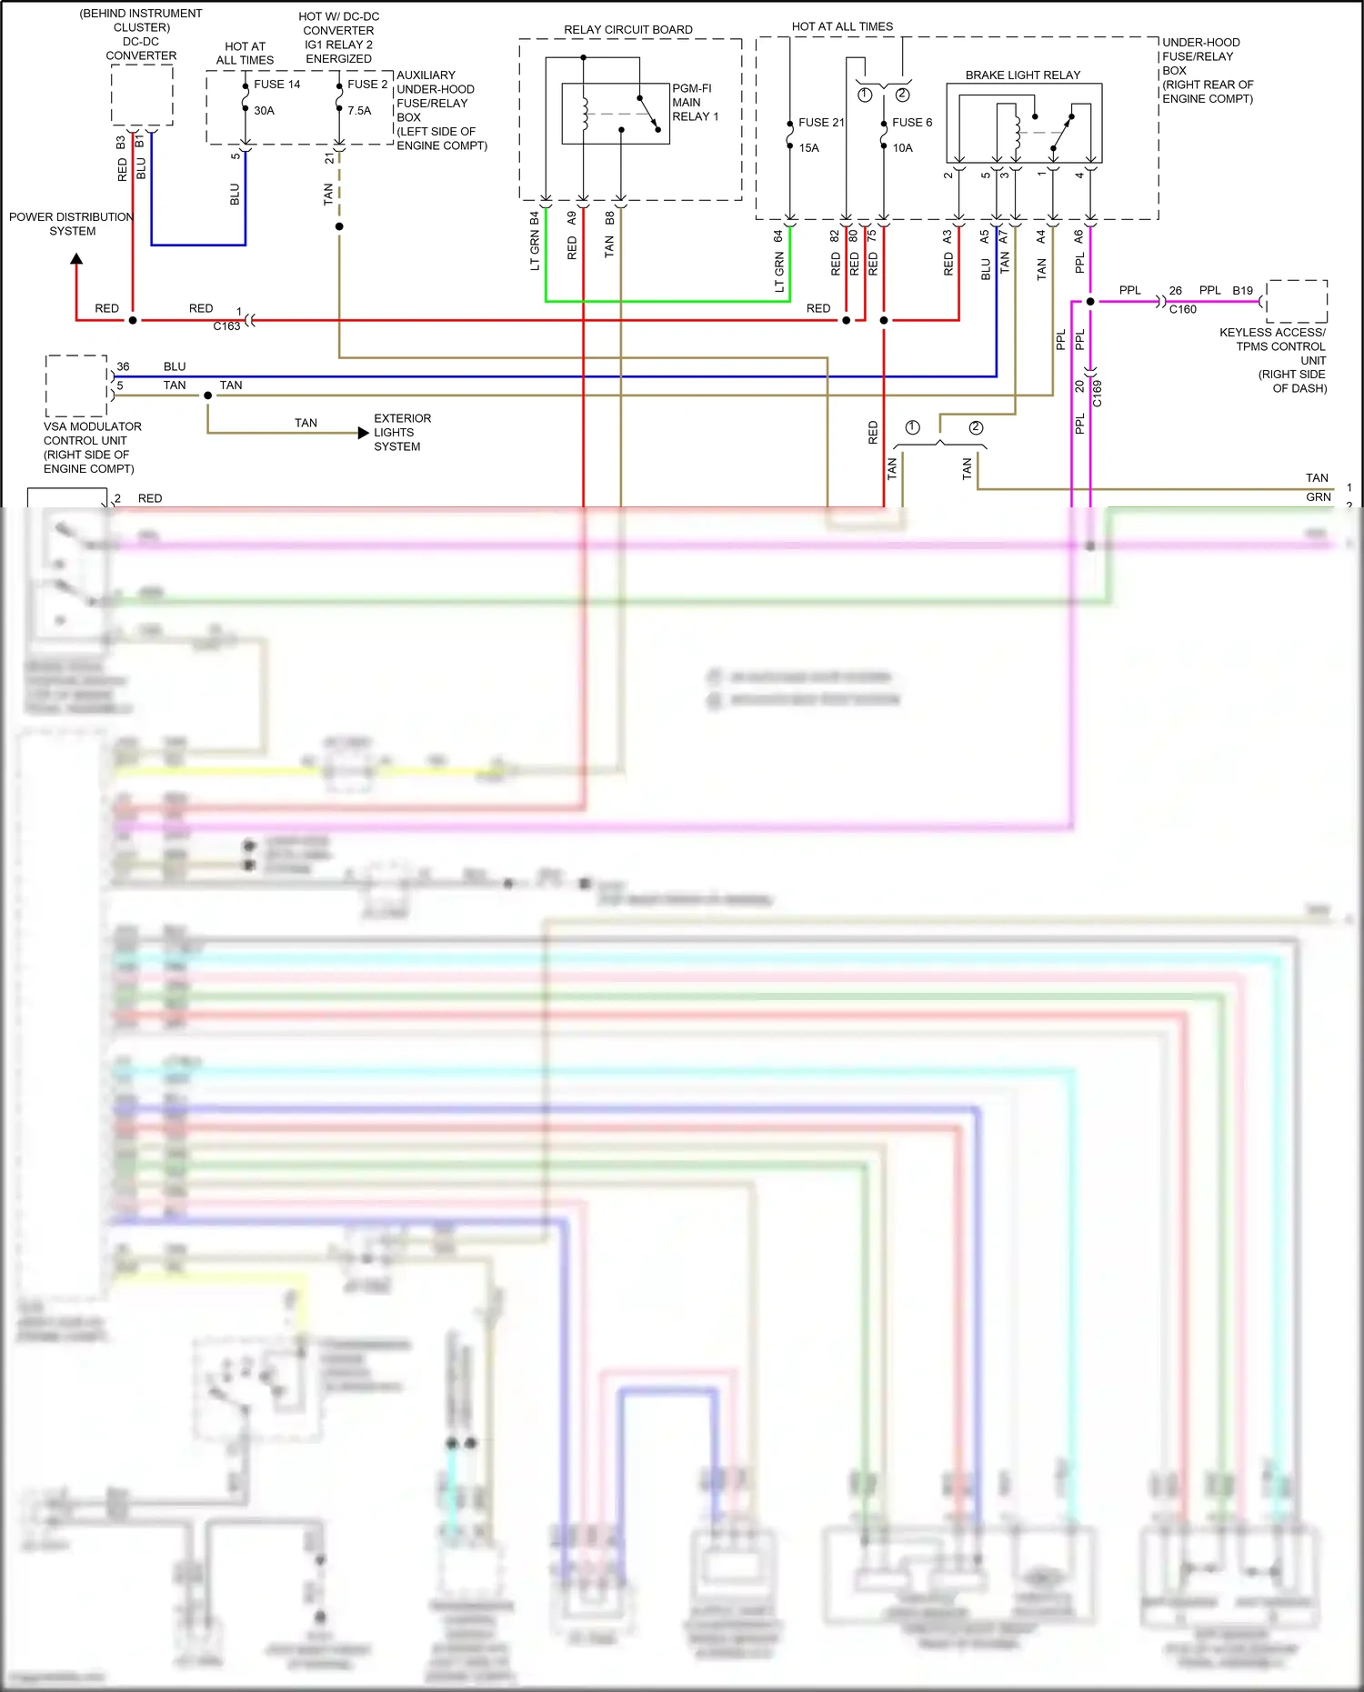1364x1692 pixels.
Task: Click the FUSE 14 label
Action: pos(276,85)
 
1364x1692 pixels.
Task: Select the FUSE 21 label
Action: pos(820,123)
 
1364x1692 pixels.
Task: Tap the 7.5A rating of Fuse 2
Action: pos(359,111)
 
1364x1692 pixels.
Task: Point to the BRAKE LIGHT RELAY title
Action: pos(1022,75)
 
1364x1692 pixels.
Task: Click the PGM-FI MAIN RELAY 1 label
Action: pos(695,103)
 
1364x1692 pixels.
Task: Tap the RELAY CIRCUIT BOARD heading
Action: pos(627,30)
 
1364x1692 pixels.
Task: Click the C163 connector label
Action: pos(226,326)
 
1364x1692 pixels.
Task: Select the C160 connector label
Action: pos(1182,310)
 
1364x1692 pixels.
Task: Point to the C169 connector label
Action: pos(1098,394)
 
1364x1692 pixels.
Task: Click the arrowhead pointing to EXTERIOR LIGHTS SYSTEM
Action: pos(364,433)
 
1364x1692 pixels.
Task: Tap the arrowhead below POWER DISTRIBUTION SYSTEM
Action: pos(76,259)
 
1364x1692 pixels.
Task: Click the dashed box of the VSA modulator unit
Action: pos(76,385)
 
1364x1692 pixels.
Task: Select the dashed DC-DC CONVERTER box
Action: pos(142,95)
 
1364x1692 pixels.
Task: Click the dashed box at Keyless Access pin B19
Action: pos(1296,301)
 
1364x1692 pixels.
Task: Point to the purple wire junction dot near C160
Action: pos(1090,301)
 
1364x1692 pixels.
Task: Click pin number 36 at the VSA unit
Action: pos(123,367)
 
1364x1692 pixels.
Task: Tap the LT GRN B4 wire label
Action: pos(535,241)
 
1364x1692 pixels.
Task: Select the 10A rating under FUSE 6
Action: pos(902,148)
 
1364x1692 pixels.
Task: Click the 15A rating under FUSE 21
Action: pos(808,148)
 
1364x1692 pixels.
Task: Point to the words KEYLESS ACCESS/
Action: pos(1271,333)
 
